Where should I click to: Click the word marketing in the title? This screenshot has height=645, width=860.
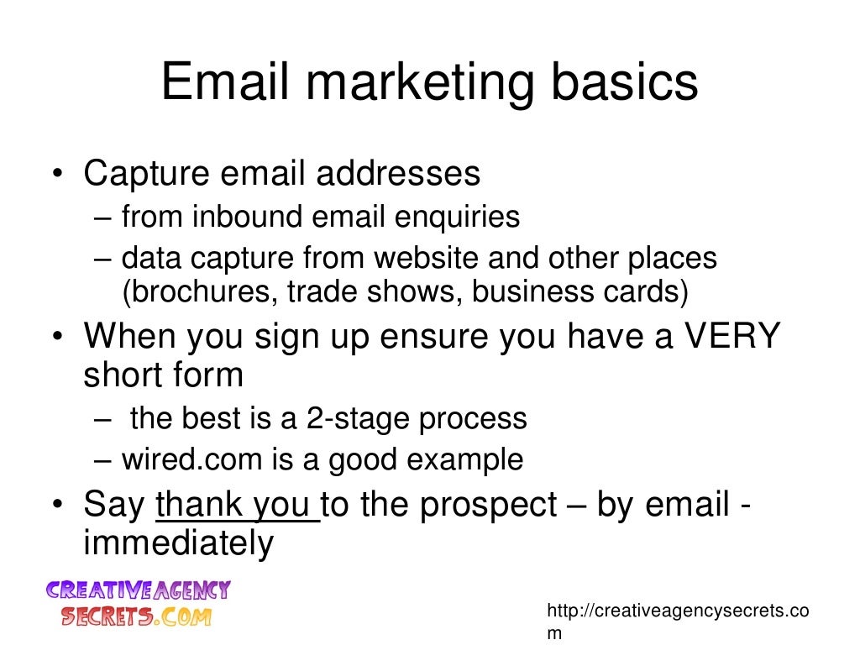(417, 85)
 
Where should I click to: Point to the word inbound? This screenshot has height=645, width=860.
(248, 218)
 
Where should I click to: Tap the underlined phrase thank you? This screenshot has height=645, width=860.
(237, 506)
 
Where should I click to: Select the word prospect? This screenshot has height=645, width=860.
(488, 506)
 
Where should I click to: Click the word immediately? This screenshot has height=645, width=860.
(178, 543)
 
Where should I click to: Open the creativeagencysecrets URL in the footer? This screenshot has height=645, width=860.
(677, 611)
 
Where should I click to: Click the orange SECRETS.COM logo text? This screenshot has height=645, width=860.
(135, 616)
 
